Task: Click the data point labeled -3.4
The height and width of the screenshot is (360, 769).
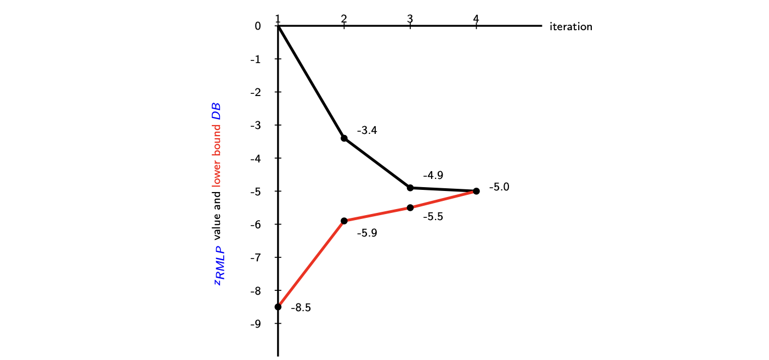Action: pos(344,138)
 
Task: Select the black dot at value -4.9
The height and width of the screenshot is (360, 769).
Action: pos(410,188)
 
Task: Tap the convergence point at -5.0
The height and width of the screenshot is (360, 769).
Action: pos(476,191)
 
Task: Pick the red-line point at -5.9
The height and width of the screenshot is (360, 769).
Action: pos(344,221)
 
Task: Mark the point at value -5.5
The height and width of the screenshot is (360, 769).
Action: pos(410,207)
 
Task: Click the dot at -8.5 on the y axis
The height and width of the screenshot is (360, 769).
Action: pos(278,307)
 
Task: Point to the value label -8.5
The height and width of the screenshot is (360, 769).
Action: pos(301,308)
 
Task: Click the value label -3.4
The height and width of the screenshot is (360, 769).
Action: pos(367,131)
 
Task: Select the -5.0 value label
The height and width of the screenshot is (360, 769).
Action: pos(499,187)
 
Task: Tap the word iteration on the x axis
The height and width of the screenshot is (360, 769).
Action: pos(570,26)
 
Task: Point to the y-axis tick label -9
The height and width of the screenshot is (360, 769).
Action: pos(255,324)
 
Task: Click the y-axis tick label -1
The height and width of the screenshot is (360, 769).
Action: pos(255,59)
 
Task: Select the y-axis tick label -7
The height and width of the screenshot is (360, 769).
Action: pos(255,257)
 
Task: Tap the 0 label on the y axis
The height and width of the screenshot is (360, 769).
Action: pos(258,26)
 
